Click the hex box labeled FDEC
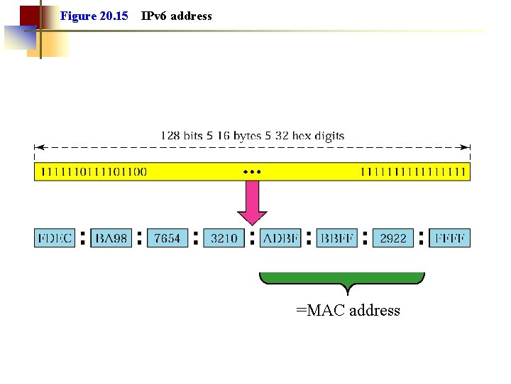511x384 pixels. click(55, 238)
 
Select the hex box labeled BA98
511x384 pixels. click(111, 238)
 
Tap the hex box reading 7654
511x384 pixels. click(167, 238)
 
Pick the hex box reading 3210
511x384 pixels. click(224, 238)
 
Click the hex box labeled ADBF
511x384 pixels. click(280, 238)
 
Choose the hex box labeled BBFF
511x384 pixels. click(337, 238)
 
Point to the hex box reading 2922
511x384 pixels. click(393, 238)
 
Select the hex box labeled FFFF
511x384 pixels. click(450, 238)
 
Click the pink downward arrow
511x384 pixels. click(252, 203)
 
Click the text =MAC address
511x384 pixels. click(348, 311)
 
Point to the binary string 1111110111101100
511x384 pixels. click(94, 171)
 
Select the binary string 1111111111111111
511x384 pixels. click(413, 171)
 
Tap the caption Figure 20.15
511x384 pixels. click(94, 16)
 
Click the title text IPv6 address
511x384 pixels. click(177, 16)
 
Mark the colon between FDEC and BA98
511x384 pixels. click(83, 238)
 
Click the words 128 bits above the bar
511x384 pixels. click(180, 135)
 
